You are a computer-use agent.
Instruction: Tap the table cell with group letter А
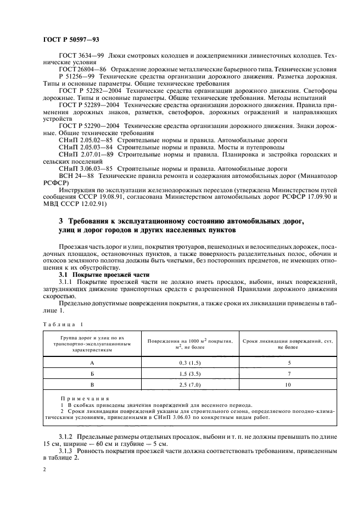click(92, 362)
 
